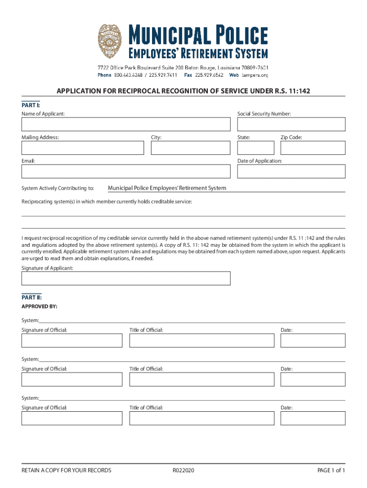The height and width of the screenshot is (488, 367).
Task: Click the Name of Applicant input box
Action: (x=126, y=124)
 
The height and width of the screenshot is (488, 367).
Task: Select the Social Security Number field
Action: (x=291, y=124)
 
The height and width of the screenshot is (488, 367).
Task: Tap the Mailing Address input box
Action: (x=82, y=148)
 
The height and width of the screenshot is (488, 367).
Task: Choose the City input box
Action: (x=191, y=148)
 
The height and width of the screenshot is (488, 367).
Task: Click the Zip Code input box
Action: (x=313, y=148)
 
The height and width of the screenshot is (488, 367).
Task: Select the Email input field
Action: (x=126, y=172)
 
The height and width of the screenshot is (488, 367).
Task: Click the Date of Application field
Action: (x=291, y=172)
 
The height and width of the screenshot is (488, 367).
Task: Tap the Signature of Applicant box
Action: (x=126, y=278)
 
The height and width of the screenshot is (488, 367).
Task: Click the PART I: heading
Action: (x=31, y=104)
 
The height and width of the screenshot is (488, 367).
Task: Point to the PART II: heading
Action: (x=31, y=297)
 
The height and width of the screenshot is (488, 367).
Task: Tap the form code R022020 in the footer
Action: (x=183, y=470)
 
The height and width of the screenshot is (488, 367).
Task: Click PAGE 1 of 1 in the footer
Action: (x=331, y=470)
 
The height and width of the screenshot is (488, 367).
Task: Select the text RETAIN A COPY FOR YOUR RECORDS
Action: (x=66, y=470)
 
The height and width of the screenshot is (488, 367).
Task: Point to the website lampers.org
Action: (x=255, y=75)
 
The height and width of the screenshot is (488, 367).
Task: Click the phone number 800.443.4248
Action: (x=128, y=75)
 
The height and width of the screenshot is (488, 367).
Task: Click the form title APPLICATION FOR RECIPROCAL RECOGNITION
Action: (x=180, y=91)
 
